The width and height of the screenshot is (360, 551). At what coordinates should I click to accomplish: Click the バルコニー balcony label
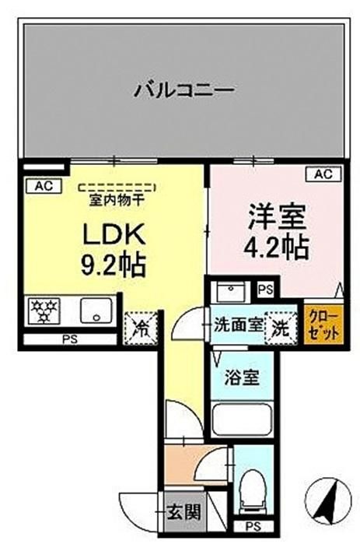tap(183, 90)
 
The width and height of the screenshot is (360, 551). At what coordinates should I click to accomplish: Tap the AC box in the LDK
tap(44, 186)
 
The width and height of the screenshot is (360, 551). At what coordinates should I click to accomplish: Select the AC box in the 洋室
tap(323, 174)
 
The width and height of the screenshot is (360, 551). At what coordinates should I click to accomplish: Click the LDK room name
tap(114, 235)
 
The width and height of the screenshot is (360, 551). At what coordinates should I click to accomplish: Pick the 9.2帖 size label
tap(113, 265)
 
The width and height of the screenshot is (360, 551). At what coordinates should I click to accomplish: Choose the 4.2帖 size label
tap(277, 247)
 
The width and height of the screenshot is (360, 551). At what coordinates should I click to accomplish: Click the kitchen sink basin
tap(96, 311)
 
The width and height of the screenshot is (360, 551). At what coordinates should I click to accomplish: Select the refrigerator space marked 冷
tap(141, 328)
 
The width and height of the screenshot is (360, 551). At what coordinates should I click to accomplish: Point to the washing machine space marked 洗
tap(281, 328)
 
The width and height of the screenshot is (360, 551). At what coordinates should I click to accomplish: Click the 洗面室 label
tap(239, 326)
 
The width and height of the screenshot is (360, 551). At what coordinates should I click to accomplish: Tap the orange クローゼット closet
tap(323, 323)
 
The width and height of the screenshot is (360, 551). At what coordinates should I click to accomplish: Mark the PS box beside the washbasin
tap(265, 290)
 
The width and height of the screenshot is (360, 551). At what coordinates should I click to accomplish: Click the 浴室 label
tap(242, 378)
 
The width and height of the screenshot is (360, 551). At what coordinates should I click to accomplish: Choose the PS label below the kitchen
tap(70, 339)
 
